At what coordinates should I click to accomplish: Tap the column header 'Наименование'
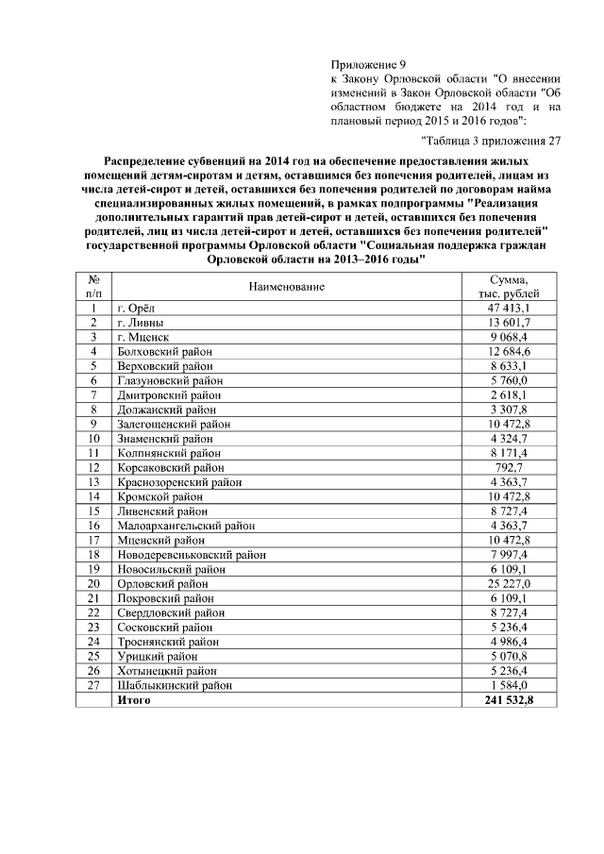pyautogui.click(x=288, y=285)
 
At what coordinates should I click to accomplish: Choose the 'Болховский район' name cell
pyautogui.click(x=164, y=351)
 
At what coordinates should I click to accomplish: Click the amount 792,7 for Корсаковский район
pyautogui.click(x=509, y=467)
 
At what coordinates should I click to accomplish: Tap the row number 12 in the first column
pyautogui.click(x=93, y=467)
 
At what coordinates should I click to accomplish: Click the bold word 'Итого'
pyautogui.click(x=133, y=700)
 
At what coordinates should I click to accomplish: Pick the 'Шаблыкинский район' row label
pyautogui.click(x=174, y=685)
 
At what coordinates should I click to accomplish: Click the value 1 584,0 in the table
pyautogui.click(x=509, y=685)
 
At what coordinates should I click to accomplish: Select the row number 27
pyautogui.click(x=93, y=685)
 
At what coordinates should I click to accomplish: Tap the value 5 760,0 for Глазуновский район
pyautogui.click(x=509, y=380)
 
